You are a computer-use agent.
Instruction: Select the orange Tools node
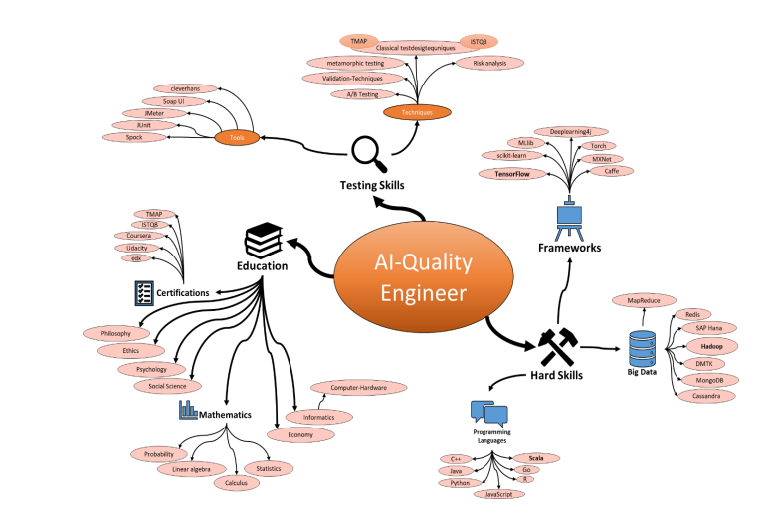(236, 137)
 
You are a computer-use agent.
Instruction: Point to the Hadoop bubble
(711, 346)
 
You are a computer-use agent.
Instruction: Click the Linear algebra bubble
(191, 469)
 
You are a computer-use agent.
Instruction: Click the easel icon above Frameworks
(569, 219)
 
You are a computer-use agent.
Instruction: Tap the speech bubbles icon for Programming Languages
(489, 415)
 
